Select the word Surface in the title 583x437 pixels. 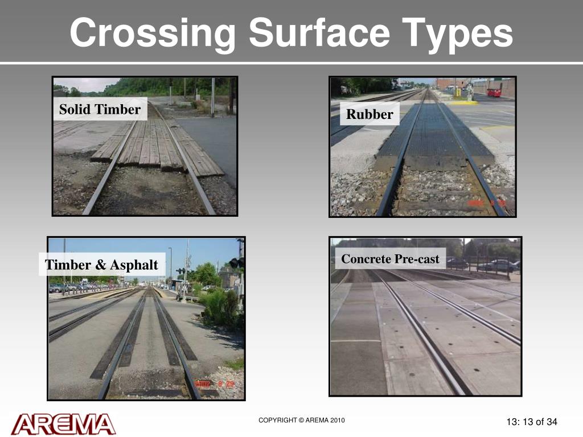319,34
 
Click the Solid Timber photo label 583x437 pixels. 100,109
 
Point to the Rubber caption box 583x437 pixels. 369,114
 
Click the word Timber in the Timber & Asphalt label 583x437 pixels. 68,265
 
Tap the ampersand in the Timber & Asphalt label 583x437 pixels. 100,265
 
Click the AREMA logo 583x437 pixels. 63,424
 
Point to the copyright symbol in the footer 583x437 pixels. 302,420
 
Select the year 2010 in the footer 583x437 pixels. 336,420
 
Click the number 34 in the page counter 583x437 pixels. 551,422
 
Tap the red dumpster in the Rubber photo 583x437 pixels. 494,92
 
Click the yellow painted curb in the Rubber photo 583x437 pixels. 464,103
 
